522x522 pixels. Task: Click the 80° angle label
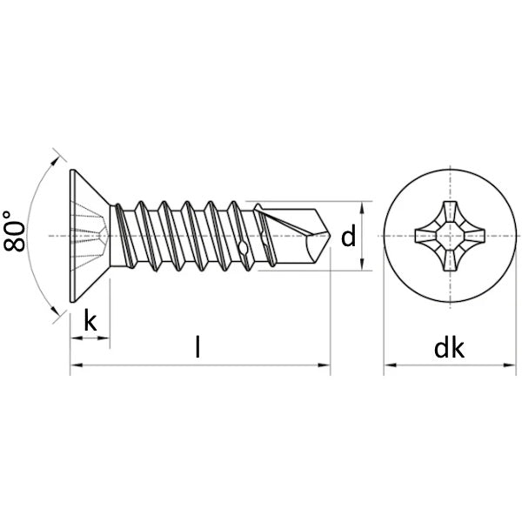14,231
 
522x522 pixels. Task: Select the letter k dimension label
90,320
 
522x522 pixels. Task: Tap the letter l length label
198,346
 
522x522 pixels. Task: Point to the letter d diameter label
349,236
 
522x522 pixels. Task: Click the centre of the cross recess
450,236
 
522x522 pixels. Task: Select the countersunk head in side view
90,236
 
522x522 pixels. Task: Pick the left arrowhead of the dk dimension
390,365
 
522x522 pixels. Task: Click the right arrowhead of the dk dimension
509,365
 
